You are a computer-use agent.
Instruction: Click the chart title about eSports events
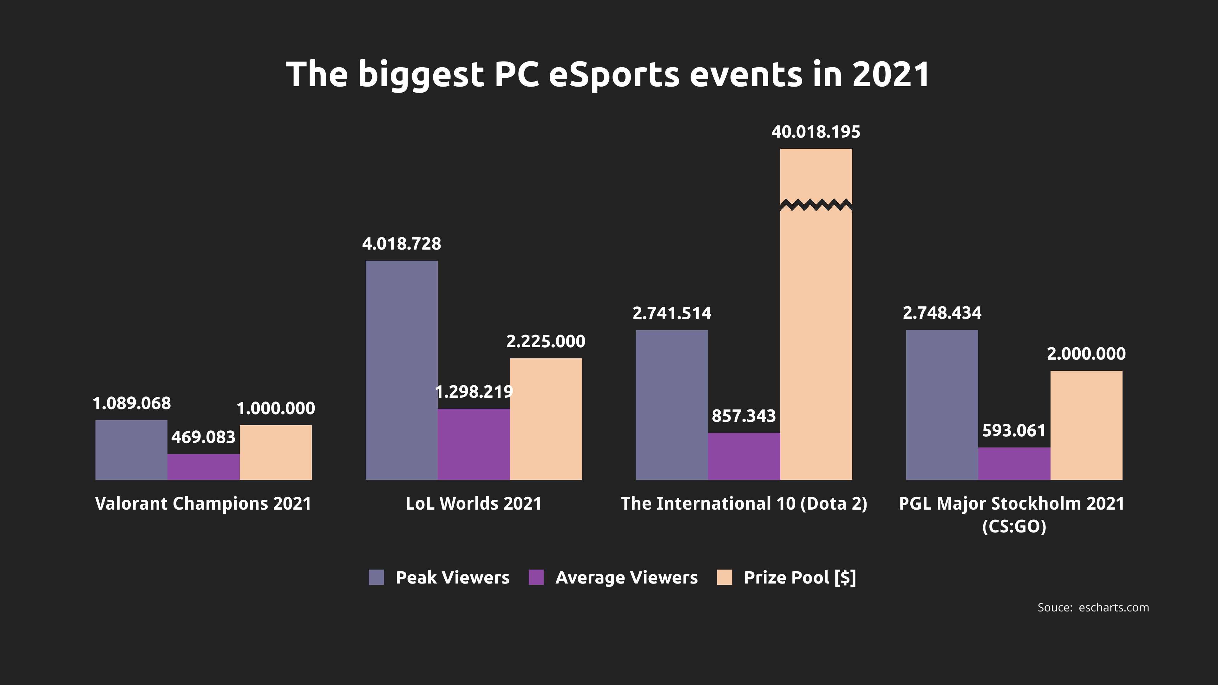coord(608,75)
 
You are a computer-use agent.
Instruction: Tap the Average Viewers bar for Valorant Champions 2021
coord(203,467)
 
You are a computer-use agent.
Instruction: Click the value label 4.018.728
coord(402,244)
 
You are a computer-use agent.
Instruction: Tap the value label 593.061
coord(1014,431)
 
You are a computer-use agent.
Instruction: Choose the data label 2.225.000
coord(546,341)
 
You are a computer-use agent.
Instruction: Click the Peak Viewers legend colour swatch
coord(377,577)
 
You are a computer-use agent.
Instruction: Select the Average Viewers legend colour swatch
coord(536,577)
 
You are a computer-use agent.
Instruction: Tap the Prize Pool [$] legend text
coord(800,577)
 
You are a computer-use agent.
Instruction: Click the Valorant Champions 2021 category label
coord(203,504)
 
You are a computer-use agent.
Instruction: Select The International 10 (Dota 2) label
coord(744,504)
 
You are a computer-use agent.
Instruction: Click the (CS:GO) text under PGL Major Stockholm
coord(1014,526)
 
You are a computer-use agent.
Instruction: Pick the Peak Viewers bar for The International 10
coord(672,405)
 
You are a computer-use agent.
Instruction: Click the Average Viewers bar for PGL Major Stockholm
coord(1014,464)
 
